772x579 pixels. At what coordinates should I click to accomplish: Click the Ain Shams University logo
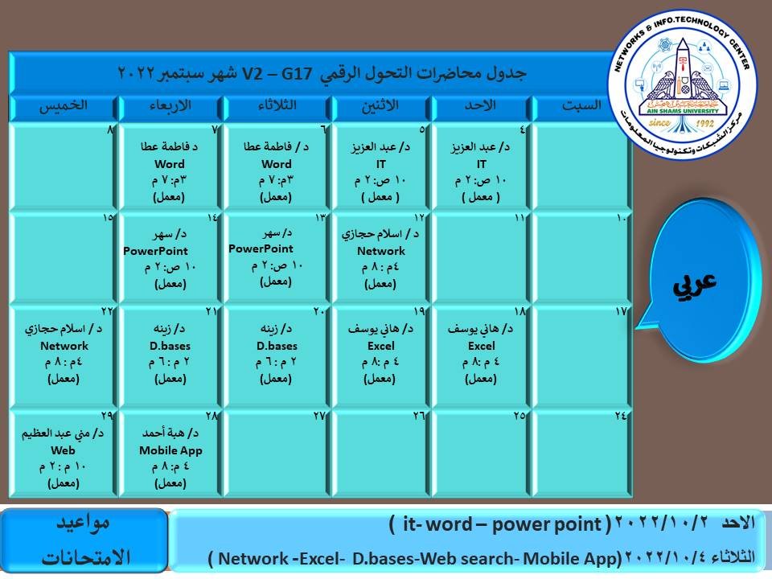(683, 84)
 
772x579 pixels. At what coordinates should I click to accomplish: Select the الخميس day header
(64, 106)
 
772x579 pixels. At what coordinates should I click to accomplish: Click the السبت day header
(581, 105)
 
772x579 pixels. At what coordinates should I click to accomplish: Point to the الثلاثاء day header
(277, 105)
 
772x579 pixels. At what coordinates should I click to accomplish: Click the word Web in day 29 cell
(63, 450)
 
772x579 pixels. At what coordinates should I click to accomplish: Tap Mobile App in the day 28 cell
(170, 450)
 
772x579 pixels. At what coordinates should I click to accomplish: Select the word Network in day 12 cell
(381, 251)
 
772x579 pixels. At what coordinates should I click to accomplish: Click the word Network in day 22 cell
(64, 346)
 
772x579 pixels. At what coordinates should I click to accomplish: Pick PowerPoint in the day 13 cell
(261, 248)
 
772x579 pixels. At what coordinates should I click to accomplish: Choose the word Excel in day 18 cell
(481, 346)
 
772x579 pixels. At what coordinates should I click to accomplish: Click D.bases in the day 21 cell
(170, 346)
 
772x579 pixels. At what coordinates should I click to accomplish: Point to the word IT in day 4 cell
(481, 164)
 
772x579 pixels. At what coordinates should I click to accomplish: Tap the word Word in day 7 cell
(170, 164)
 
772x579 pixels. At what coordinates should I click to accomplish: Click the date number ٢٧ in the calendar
(319, 416)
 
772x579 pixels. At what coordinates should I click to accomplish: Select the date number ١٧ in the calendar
(620, 311)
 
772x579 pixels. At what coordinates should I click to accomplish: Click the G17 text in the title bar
(297, 74)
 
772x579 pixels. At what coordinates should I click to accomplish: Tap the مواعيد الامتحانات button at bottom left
(84, 540)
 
